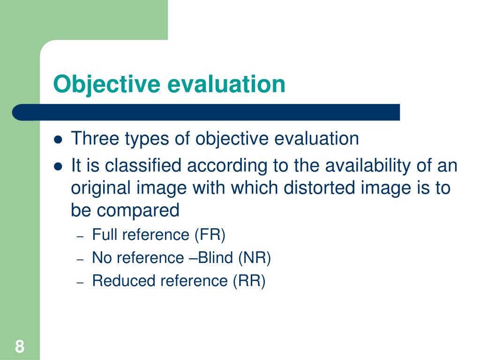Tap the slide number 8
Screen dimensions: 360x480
19,347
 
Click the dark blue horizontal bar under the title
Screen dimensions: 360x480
206,112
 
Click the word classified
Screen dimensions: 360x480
143,165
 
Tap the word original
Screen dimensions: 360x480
101,188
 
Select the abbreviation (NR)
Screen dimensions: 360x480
255,258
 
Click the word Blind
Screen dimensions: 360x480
217,258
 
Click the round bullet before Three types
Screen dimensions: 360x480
58,140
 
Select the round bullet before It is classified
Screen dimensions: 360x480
58,166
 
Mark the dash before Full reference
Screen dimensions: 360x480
80,236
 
